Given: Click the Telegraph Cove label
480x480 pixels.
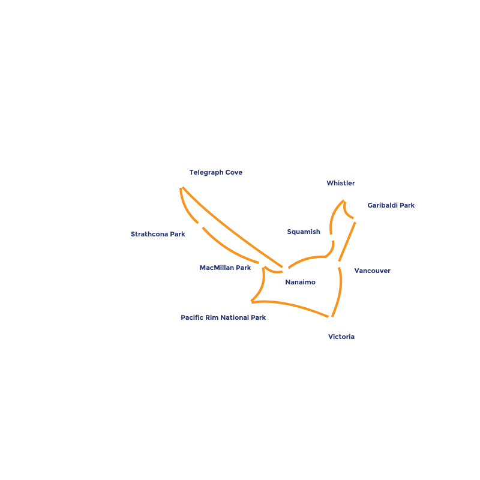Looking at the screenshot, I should [215, 173].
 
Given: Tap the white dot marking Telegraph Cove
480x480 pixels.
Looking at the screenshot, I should [181, 185].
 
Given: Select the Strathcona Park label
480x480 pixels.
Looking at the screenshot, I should [158, 234].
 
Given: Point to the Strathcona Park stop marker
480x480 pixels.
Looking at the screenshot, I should [200, 225].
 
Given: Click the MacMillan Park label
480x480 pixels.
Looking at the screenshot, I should [225, 268].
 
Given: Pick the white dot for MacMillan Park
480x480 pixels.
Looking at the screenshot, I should [262, 263].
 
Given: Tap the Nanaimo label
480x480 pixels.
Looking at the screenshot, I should [300, 282].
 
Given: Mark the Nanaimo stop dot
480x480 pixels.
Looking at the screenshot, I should [285, 269].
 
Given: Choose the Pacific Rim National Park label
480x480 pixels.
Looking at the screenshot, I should [223, 317].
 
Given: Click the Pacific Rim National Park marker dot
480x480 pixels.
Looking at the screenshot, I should [248, 303].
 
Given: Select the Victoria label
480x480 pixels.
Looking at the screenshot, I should [341, 337].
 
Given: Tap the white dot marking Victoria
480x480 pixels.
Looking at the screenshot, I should [331, 320].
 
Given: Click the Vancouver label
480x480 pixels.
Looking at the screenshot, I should [372, 271].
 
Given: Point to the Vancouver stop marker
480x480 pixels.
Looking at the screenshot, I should [338, 265].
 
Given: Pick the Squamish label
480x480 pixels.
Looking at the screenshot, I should [303, 232].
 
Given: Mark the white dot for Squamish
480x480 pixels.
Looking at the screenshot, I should [332, 238].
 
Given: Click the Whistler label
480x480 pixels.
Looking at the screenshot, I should [341, 184].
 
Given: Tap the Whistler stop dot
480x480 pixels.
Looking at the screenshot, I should [346, 199].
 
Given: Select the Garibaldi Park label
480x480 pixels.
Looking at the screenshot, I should [391, 205].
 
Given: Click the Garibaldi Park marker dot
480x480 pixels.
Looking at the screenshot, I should [356, 219].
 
